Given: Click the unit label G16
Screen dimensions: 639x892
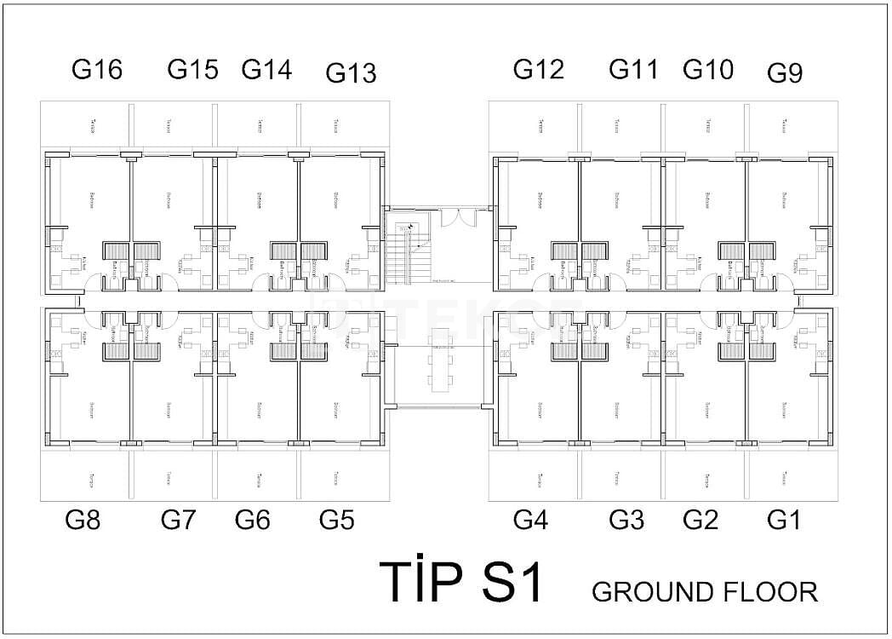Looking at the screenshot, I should point(97,70).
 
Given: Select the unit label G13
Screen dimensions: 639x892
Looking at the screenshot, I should point(351,73).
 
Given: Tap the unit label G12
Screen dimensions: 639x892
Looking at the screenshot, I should point(538,70).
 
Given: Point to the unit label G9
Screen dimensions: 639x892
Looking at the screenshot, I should point(785,73).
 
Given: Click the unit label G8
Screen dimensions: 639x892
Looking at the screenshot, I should point(83,519).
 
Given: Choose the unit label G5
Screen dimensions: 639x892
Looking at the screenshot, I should point(336,519).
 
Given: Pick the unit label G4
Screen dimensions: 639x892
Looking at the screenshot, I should point(530,519).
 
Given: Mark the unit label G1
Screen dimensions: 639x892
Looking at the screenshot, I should point(783,519).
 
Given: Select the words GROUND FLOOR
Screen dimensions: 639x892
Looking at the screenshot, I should point(704,591).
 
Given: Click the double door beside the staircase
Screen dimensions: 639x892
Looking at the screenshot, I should point(464,216).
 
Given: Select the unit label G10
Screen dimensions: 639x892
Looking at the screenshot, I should point(708,70).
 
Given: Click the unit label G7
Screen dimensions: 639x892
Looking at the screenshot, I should point(178,519).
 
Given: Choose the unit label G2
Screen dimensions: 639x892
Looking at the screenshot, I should point(700,519).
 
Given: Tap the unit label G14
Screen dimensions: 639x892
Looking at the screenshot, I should point(266,70).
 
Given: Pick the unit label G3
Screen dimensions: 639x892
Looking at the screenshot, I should point(626,519).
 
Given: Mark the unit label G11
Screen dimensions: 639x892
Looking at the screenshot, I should point(634,70).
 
